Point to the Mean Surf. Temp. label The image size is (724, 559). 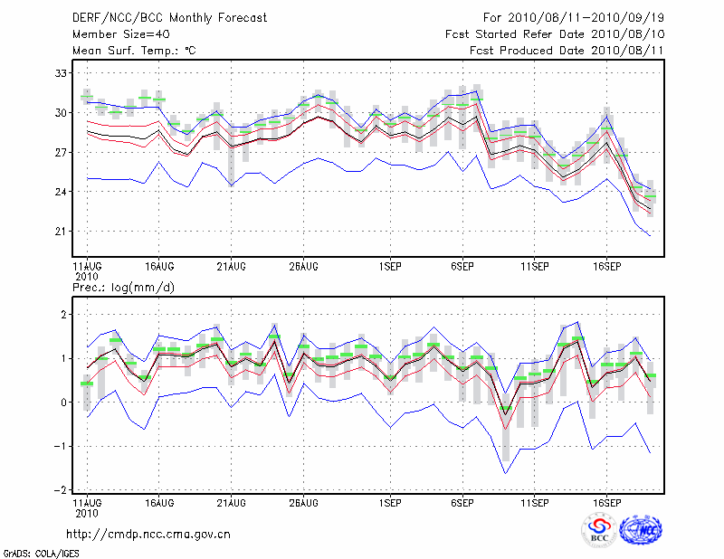[133, 50]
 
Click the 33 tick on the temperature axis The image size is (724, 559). [62, 73]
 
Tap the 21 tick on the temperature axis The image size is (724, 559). [62, 232]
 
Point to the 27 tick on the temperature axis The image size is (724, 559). [62, 153]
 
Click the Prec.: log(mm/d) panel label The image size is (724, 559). [125, 287]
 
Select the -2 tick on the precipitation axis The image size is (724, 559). [62, 490]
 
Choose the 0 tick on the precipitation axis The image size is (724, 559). [63, 403]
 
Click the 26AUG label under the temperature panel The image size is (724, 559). [303, 267]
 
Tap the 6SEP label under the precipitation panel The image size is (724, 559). [462, 501]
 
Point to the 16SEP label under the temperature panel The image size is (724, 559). [607, 267]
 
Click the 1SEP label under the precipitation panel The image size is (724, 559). [390, 501]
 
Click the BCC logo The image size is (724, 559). [599, 530]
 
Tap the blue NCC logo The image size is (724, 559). [640, 530]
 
